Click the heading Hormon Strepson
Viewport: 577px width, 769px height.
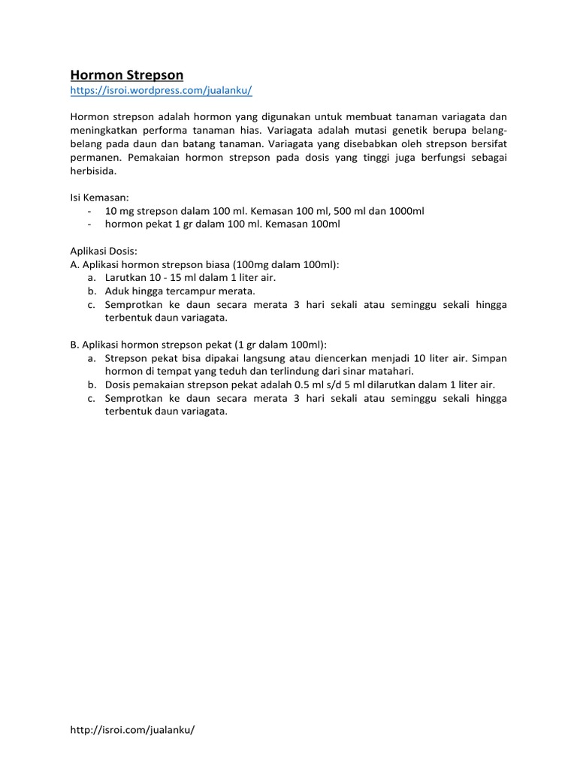click(126, 75)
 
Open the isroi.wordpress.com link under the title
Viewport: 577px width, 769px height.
click(161, 90)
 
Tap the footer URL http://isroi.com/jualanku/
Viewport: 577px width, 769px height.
click(132, 729)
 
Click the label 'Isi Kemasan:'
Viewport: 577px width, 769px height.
click(100, 198)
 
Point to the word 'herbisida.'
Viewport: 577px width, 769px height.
click(94, 170)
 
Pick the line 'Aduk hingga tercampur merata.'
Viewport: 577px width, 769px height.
click(180, 291)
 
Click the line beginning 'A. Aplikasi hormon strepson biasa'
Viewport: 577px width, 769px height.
click(204, 264)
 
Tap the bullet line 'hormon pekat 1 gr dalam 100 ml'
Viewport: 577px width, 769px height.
click(222, 224)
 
